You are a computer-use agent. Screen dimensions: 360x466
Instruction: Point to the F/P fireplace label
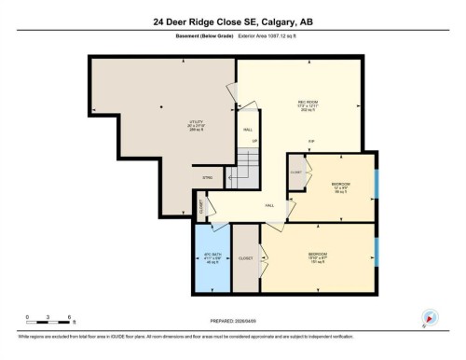pyautogui.click(x=311, y=141)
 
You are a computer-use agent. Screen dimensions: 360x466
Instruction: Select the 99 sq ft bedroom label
pyautogui.click(x=341, y=186)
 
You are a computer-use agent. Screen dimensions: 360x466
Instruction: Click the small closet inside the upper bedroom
pyautogui.click(x=295, y=174)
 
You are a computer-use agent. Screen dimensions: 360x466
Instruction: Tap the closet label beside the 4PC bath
pyautogui.click(x=246, y=258)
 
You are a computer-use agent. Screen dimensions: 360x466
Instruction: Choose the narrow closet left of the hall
pyautogui.click(x=201, y=207)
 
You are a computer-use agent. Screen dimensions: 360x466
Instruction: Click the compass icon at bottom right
pyautogui.click(x=430, y=316)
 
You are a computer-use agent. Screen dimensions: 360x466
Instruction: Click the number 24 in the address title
pyautogui.click(x=160, y=21)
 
